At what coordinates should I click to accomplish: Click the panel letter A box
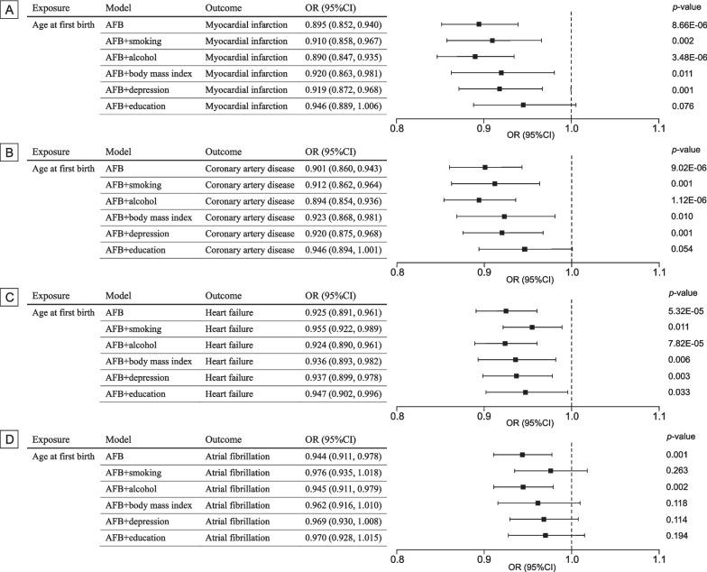[x=9, y=8]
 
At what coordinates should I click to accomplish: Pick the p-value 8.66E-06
[x=677, y=24]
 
